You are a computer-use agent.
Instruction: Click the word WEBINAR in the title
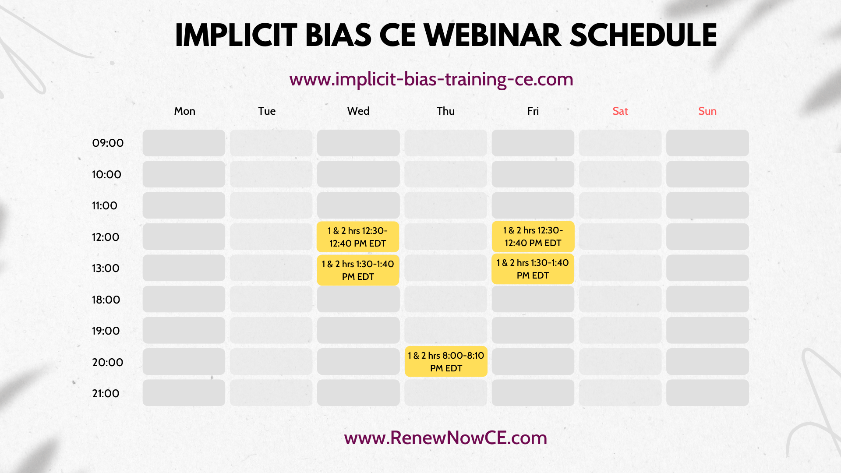click(x=493, y=35)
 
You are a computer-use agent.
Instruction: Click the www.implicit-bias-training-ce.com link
click(x=431, y=79)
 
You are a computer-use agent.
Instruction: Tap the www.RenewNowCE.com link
click(x=445, y=438)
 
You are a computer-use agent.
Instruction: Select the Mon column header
click(x=184, y=111)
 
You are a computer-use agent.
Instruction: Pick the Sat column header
click(x=620, y=111)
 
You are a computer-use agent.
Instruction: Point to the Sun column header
click(x=707, y=111)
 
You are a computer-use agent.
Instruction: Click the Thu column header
click(x=445, y=111)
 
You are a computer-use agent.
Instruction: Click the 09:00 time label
click(x=108, y=143)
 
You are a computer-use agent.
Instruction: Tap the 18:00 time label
click(x=106, y=300)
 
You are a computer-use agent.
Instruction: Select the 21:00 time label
click(x=106, y=394)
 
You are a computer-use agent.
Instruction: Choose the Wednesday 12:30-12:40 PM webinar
click(x=358, y=237)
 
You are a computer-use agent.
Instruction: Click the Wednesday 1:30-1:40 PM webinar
click(x=358, y=270)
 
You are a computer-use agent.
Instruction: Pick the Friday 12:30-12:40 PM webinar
click(x=533, y=236)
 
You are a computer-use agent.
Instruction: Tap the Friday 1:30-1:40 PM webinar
click(x=533, y=269)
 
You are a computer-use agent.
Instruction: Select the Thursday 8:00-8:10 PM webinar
click(x=446, y=362)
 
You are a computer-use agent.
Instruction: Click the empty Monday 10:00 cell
click(x=184, y=174)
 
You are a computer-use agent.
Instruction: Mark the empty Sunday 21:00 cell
click(x=707, y=393)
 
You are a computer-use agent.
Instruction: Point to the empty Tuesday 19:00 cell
click(x=271, y=330)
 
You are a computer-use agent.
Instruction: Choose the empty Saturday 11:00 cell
click(x=620, y=205)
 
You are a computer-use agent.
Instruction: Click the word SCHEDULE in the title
click(x=643, y=35)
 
